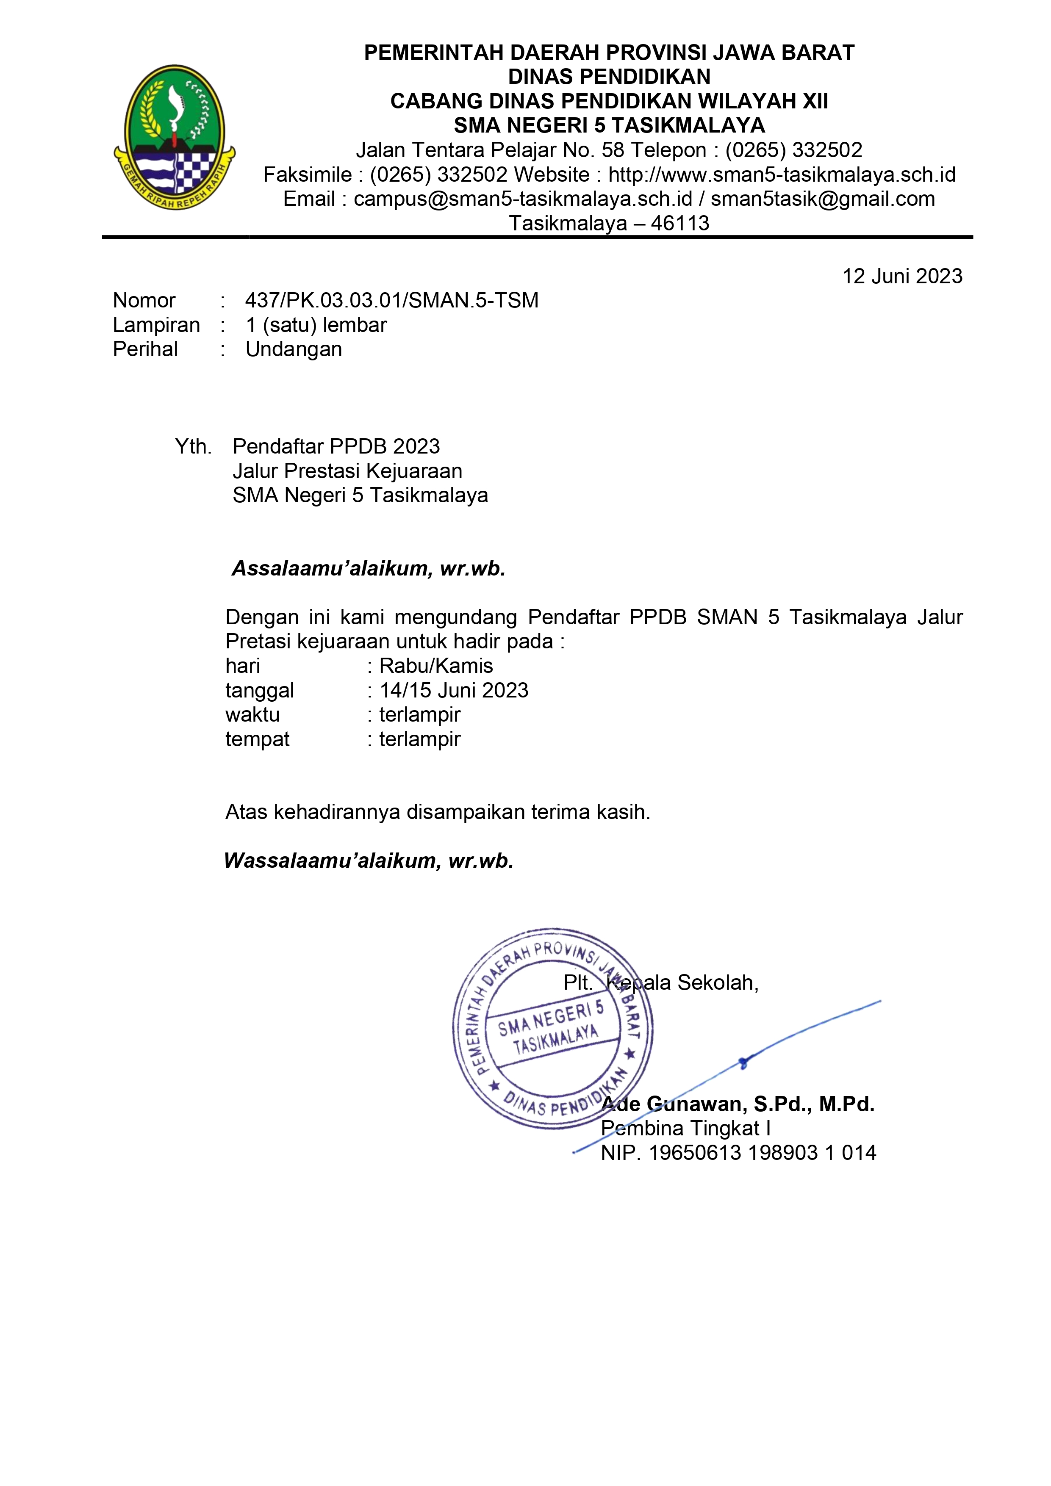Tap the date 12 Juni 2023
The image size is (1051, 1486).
pyautogui.click(x=901, y=277)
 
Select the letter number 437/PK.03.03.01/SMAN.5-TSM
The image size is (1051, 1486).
pyautogui.click(x=392, y=300)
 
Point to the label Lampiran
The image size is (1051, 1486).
pyautogui.click(x=156, y=325)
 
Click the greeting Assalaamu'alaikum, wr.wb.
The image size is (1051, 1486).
pyautogui.click(x=369, y=568)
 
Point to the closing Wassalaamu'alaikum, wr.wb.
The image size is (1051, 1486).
pyautogui.click(x=369, y=861)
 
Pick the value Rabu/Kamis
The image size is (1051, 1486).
pyautogui.click(x=436, y=666)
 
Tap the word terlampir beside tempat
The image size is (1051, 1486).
pyautogui.click(x=420, y=739)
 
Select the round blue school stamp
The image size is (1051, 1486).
pyautogui.click(x=552, y=1028)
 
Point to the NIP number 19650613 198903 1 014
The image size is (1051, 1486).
pyautogui.click(x=762, y=1153)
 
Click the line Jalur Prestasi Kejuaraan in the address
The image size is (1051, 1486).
pyautogui.click(x=347, y=471)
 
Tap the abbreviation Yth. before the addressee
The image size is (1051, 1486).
pyautogui.click(x=193, y=447)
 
